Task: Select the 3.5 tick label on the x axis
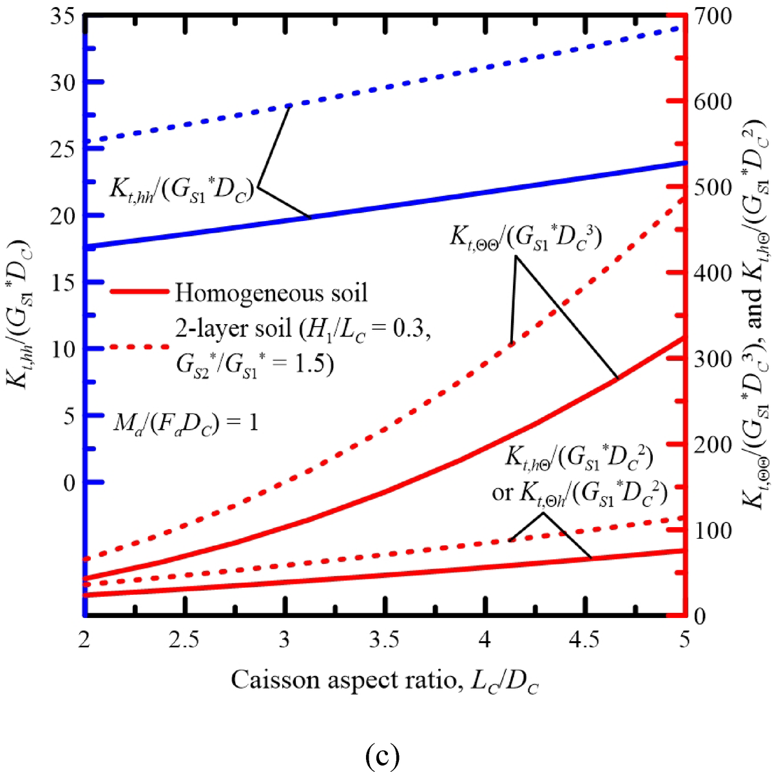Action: [384, 640]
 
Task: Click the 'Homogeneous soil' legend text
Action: [271, 293]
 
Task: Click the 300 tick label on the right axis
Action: [711, 359]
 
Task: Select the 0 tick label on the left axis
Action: [68, 482]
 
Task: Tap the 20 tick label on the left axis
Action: [63, 215]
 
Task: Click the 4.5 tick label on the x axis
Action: [584, 640]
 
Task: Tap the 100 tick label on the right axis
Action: [711, 530]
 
